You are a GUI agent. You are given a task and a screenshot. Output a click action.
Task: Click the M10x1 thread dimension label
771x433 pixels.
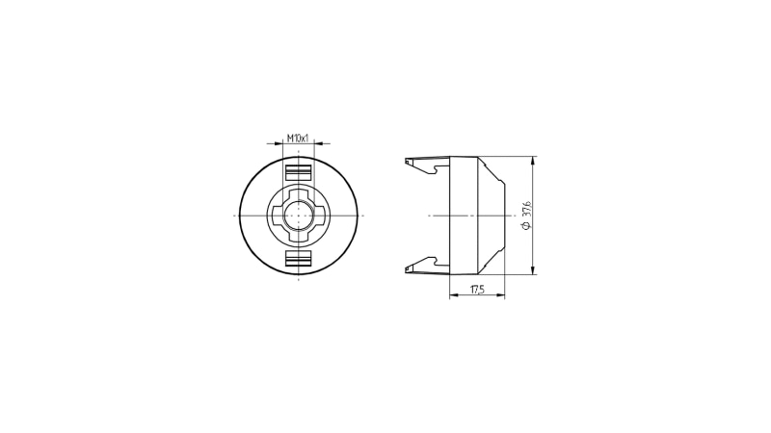tap(298, 138)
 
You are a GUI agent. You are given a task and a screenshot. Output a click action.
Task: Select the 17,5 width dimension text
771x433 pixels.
tap(477, 290)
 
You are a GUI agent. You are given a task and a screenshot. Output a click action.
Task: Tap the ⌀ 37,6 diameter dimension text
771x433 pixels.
tap(527, 215)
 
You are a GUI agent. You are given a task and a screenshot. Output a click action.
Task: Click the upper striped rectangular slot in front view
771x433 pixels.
tap(299, 173)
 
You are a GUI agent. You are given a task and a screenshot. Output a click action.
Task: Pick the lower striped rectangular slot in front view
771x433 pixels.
tap(299, 259)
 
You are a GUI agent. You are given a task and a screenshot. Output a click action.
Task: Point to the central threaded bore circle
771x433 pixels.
tap(299, 216)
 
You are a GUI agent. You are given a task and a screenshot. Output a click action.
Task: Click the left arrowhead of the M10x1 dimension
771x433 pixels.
tap(279, 143)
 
